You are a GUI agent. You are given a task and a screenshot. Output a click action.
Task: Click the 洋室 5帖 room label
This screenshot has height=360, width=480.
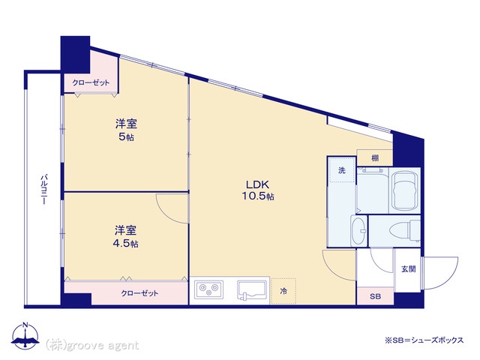126,130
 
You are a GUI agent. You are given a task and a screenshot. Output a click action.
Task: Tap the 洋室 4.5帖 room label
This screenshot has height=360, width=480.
126,236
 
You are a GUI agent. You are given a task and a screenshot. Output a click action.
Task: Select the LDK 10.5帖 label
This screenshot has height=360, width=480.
258,190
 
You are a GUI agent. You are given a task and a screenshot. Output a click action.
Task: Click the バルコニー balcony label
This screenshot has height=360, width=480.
44,189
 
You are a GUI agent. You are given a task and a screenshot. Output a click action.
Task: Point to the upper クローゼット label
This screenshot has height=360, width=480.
91,82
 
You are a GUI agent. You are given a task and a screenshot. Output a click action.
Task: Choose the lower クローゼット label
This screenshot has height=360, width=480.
140,293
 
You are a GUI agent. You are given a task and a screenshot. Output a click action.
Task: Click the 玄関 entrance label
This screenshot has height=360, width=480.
408,269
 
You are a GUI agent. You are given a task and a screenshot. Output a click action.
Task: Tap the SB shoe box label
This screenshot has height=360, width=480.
375,296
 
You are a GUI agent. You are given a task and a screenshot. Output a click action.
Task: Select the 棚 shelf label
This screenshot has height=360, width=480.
375,158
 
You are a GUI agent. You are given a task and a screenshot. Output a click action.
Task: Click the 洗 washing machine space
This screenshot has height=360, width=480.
342,170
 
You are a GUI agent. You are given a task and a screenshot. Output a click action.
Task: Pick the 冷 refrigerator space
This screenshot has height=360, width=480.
283,291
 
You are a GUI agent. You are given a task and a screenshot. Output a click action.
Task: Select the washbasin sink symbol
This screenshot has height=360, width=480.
358,230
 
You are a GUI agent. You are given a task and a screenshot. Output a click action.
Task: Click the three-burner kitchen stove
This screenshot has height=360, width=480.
208,289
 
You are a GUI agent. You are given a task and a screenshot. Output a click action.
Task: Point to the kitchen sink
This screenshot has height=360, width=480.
253,290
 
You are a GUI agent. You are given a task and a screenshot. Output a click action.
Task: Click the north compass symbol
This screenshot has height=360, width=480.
25,335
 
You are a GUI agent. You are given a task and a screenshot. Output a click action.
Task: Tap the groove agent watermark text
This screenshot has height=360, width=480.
92,345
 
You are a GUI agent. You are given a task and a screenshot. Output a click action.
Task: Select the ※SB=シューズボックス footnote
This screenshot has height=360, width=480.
424,340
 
